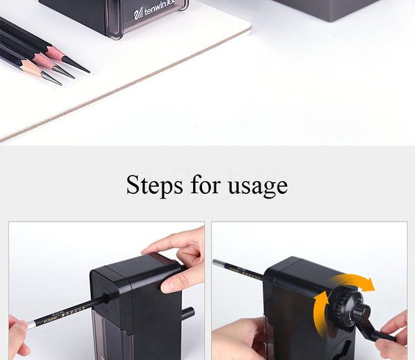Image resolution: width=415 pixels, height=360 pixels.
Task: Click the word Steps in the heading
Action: point(154,185)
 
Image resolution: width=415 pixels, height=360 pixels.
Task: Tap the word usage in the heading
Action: point(258,186)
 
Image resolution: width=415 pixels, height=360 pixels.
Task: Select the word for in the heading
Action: point(205,184)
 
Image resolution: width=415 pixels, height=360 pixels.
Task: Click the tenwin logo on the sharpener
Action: point(154,10)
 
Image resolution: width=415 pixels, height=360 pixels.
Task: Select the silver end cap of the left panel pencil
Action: point(31,325)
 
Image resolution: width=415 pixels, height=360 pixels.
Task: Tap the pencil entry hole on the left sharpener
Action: point(107,298)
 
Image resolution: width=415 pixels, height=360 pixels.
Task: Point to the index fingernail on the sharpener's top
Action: point(149,251)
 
